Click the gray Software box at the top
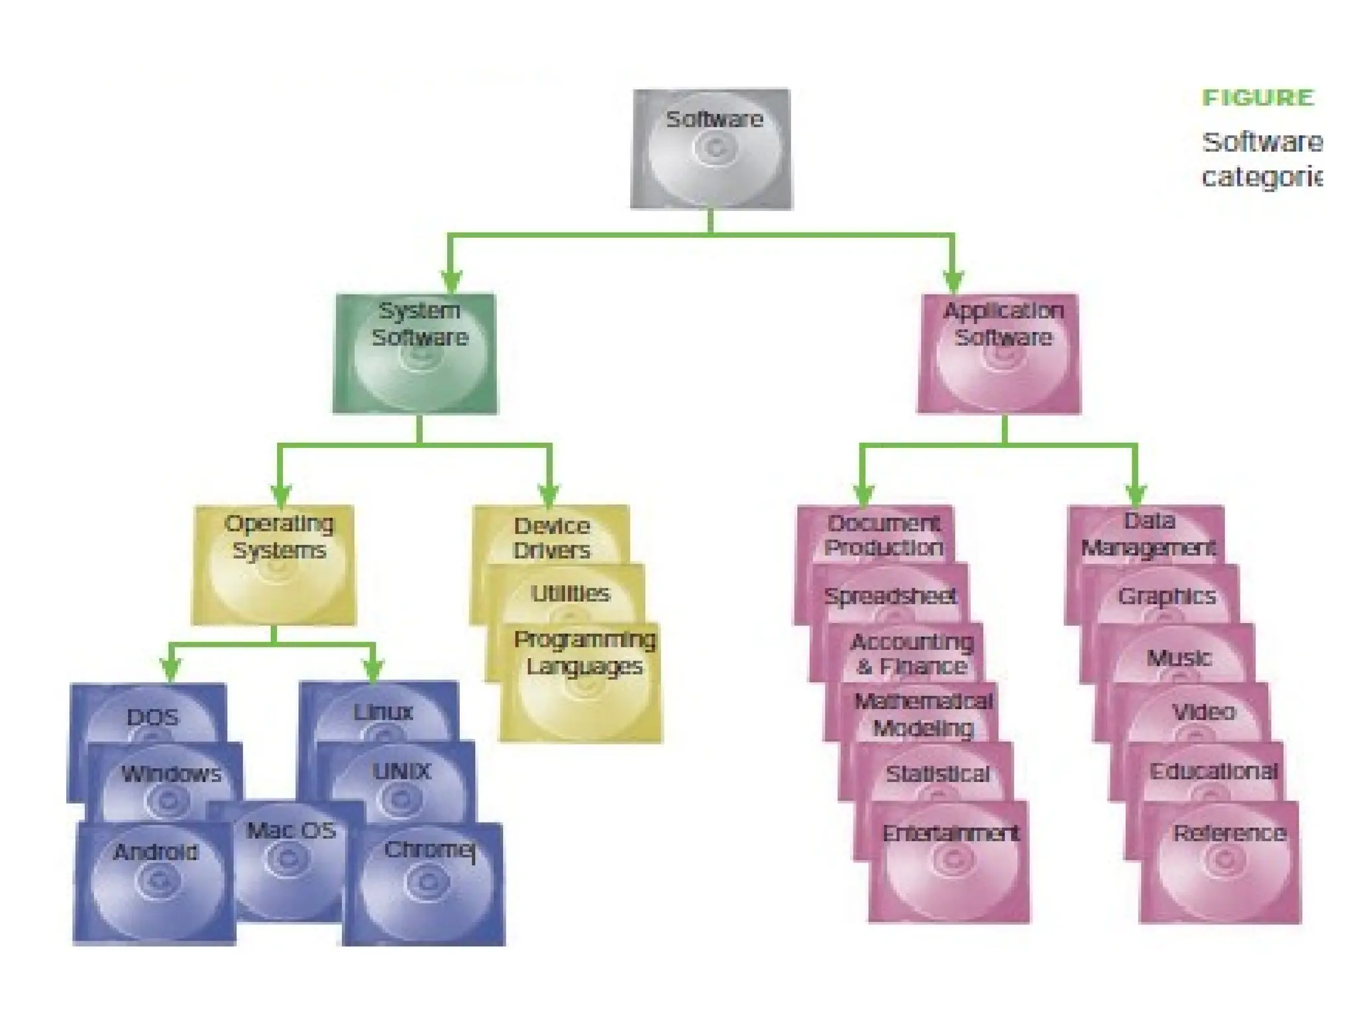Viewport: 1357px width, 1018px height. pos(711,149)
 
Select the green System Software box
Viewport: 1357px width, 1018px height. pos(415,353)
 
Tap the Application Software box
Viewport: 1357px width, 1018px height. pos(999,353)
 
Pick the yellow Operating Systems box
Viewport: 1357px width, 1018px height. pos(274,565)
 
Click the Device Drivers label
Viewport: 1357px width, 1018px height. pos(551,537)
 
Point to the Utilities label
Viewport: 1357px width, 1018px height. pos(570,593)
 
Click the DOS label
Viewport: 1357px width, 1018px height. pos(152,717)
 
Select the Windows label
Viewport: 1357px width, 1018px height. pos(171,773)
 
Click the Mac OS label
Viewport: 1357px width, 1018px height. pos(291,830)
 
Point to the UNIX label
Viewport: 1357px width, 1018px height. pos(402,771)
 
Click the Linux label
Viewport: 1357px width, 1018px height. pos(383,712)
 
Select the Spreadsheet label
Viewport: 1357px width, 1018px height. pos(890,596)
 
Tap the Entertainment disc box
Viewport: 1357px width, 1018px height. pos(950,862)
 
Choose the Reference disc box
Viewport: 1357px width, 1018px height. pos(1221,862)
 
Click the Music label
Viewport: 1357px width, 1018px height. pos(1179,658)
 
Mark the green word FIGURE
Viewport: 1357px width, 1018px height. pos(1258,98)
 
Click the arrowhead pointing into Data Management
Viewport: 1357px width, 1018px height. pos(1136,494)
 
